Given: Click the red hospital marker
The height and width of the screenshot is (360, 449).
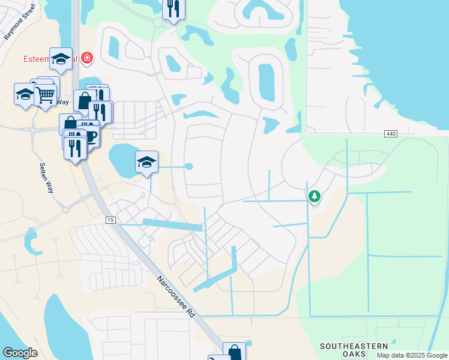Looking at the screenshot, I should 88,58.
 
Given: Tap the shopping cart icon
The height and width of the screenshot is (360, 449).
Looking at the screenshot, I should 45,94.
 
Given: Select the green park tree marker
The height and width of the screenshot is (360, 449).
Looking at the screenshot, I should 314,196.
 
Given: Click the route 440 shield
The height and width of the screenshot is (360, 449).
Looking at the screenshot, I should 391,133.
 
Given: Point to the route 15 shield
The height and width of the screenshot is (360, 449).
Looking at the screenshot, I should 110,221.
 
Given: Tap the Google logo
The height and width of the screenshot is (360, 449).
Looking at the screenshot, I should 20,353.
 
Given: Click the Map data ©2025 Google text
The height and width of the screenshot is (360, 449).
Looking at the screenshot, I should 412,355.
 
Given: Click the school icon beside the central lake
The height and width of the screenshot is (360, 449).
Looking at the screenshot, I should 146,162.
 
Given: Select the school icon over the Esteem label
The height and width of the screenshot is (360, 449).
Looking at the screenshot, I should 61,59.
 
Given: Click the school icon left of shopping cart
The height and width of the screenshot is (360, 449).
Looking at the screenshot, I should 25,94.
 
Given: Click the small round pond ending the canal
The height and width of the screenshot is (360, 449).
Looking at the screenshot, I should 188,166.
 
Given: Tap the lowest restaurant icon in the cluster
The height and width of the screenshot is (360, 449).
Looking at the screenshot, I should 75,148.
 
